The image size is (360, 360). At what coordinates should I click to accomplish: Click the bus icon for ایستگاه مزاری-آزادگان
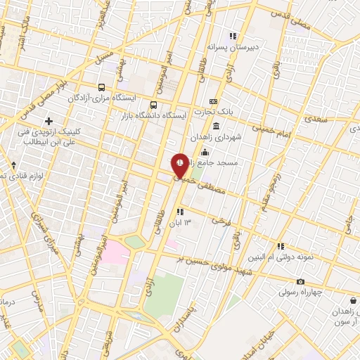point(103,88)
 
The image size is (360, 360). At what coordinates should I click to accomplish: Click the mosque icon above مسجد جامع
point(205,153)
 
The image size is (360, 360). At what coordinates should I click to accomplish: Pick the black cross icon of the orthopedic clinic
point(49,122)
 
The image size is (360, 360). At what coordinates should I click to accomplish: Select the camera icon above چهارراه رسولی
point(300,281)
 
